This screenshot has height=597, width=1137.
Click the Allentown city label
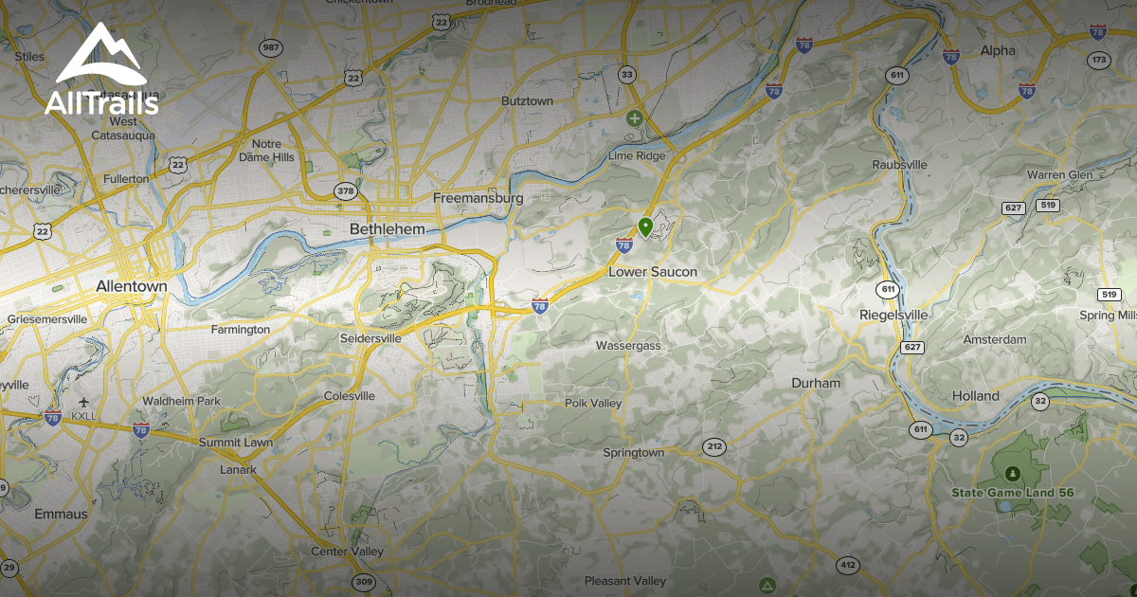[x=132, y=285]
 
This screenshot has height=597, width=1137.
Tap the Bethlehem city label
[x=387, y=229]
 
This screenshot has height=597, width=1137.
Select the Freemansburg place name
[x=478, y=198]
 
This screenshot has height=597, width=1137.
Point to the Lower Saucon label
[x=652, y=272]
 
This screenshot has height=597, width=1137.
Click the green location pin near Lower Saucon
[x=645, y=226]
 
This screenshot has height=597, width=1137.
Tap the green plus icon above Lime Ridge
[x=634, y=118]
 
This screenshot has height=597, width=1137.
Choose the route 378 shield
[x=345, y=191]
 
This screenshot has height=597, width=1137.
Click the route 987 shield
[x=271, y=47]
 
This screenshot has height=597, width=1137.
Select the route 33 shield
[x=626, y=74]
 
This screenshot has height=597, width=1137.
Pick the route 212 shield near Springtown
[x=713, y=446]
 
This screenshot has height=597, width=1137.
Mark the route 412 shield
[x=848, y=566]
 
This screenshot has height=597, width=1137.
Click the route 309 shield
[x=363, y=581]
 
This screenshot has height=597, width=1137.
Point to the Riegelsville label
[x=893, y=314]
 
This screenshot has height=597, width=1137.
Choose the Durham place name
[x=816, y=383]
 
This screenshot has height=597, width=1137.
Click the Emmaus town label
[x=61, y=514]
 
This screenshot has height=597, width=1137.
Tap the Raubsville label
[x=899, y=165]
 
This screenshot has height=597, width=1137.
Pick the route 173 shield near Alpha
[x=1098, y=61]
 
